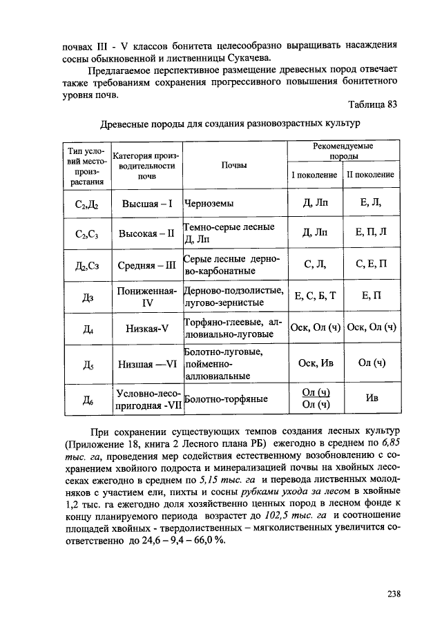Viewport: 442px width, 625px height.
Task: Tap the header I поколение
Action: (314, 175)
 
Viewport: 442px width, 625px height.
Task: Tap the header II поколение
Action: (370, 175)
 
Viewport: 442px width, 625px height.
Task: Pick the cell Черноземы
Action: (209, 204)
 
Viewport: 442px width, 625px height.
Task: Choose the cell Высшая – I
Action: (146, 204)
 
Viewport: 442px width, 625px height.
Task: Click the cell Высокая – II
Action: (146, 233)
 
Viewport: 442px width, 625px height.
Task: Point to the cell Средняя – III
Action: (146, 265)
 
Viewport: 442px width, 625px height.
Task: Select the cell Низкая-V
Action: (146, 328)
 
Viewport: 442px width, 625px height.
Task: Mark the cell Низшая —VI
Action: (146, 363)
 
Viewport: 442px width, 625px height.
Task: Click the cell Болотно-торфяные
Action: (227, 398)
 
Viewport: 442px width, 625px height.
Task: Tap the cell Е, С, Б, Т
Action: (314, 296)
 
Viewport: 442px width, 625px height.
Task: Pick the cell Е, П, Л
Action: (371, 233)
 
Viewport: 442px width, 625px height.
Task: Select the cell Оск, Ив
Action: (314, 363)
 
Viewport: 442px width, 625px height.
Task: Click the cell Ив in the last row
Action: (371, 398)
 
